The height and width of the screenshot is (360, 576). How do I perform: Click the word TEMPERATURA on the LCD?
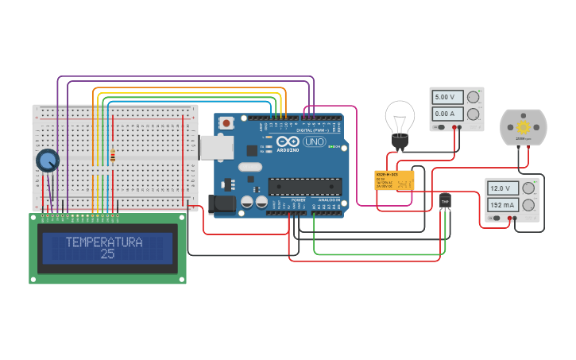pyautogui.click(x=104, y=242)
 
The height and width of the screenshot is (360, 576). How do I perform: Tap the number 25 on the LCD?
pyautogui.click(x=107, y=254)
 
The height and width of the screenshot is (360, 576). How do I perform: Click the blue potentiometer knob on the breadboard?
pyautogui.click(x=48, y=161)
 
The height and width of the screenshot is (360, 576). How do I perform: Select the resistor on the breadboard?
pyautogui.click(x=112, y=156)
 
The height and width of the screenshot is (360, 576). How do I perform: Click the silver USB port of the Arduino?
pyautogui.click(x=211, y=147)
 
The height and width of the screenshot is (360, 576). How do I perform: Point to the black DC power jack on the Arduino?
pyautogui.click(x=221, y=203)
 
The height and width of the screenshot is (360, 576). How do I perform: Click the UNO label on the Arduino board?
pyautogui.click(x=314, y=141)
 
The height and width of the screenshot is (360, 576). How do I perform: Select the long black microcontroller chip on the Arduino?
pyautogui.click(x=304, y=186)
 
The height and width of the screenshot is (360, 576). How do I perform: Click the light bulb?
pyautogui.click(x=400, y=119)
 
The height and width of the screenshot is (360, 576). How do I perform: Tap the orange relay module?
pyautogui.click(x=394, y=180)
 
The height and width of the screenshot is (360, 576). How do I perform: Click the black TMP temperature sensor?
pyautogui.click(x=445, y=201)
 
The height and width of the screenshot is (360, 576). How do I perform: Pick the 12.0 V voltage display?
pyautogui.click(x=502, y=188)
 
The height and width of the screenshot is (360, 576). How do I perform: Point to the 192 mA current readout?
pyautogui.click(x=502, y=204)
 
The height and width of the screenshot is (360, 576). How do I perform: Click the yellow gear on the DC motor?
pyautogui.click(x=523, y=127)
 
